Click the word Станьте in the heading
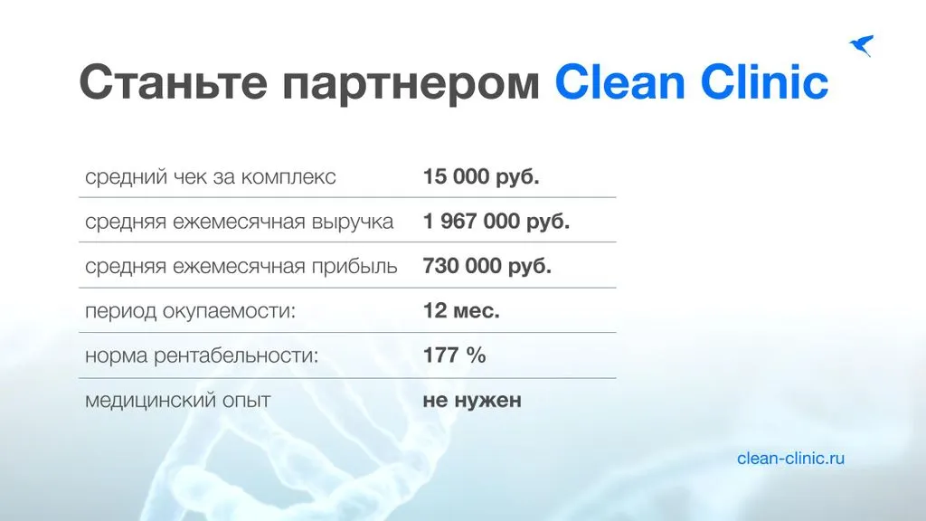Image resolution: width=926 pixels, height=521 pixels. [x=173, y=81]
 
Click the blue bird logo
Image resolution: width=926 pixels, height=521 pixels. [x=862, y=45]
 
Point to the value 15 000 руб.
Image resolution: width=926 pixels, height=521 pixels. [x=481, y=176]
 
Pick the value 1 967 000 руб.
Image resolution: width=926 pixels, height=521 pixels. [x=496, y=222]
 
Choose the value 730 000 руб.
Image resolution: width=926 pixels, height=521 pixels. [x=487, y=267]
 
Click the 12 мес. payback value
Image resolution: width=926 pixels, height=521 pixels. [x=461, y=311]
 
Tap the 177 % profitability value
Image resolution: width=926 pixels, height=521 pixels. [x=454, y=355]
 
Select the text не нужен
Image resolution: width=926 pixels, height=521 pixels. [x=472, y=401]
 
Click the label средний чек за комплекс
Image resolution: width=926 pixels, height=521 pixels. [x=210, y=177]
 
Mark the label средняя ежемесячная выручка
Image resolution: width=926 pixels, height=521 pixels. [x=239, y=223]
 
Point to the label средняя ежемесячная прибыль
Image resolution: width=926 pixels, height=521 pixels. [x=241, y=267]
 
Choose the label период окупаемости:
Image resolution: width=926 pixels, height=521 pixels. [x=190, y=311]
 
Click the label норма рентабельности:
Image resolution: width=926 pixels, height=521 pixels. [x=202, y=356]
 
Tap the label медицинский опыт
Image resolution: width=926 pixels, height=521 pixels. [x=178, y=401]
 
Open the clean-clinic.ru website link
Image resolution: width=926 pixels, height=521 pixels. [x=790, y=458]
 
